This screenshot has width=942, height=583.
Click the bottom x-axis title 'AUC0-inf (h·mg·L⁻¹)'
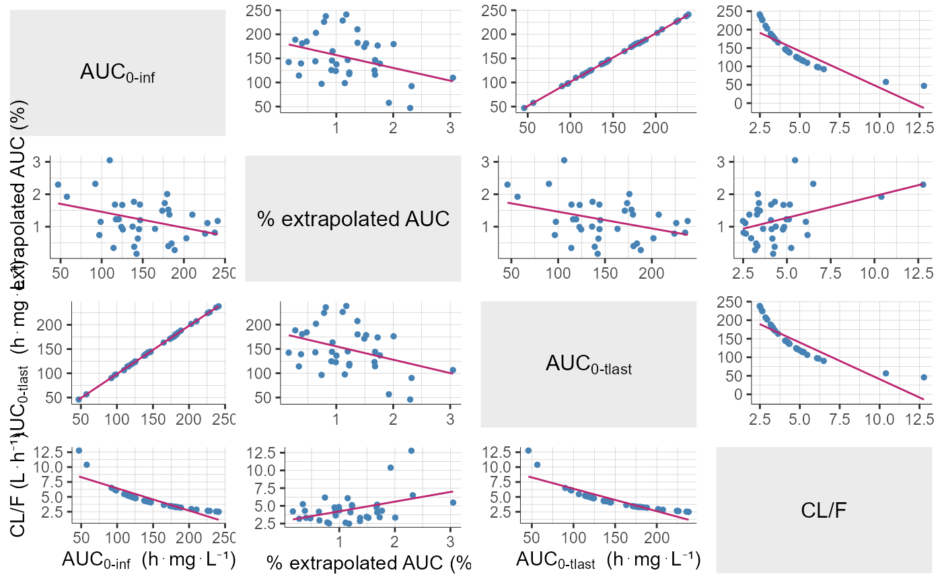148,560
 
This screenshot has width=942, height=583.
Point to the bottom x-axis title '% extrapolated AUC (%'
368,561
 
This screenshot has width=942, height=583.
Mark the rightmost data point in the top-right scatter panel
924,85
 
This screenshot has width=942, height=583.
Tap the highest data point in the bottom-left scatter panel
79,450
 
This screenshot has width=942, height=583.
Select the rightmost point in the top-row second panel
453,77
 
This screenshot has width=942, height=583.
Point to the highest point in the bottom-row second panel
411,450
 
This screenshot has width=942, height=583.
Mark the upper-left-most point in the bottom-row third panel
528,450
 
